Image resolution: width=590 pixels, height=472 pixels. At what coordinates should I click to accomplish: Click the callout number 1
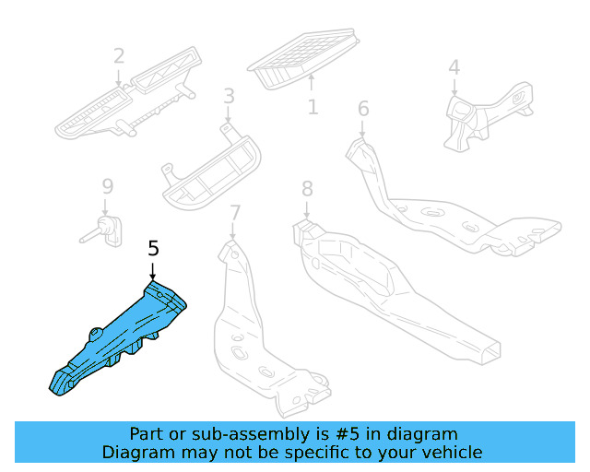tap(313, 107)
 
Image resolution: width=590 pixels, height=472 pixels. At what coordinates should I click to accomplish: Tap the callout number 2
tap(119, 56)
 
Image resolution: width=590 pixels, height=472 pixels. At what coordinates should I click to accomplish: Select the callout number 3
tap(229, 96)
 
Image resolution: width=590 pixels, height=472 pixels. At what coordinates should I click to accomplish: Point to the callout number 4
tap(454, 67)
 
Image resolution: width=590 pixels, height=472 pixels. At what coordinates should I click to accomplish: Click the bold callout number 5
tap(153, 248)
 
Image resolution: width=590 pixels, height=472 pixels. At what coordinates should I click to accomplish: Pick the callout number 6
tap(363, 109)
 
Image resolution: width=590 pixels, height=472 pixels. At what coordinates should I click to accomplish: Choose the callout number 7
tap(234, 213)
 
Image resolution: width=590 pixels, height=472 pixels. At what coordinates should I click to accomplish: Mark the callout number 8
tap(307, 189)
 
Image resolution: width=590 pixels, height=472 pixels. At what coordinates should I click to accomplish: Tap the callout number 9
tap(106, 187)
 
